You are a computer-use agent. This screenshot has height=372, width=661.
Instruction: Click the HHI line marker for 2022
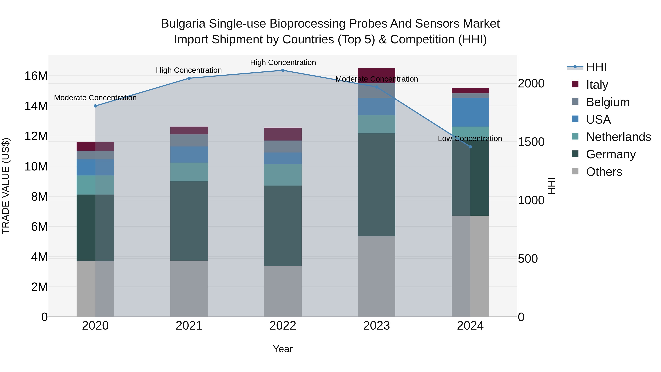pos(283,70)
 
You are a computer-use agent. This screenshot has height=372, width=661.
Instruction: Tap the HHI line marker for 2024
pos(470,147)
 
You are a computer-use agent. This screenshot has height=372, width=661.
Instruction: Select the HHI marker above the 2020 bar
pos(95,106)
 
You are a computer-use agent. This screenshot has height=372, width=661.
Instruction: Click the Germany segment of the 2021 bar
pos(189,221)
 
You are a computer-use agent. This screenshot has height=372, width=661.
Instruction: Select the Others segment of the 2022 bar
pos(283,291)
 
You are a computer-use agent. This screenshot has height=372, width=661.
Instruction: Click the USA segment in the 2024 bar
pos(470,112)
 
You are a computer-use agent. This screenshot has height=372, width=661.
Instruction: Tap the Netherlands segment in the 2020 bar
pos(95,185)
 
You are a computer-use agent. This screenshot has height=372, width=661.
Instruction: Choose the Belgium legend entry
pos(607,102)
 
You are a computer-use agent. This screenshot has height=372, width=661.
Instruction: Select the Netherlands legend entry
pos(618,137)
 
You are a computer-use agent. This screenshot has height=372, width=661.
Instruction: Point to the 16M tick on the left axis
pos(36,76)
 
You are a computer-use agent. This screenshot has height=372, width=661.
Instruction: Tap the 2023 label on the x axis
pos(376,326)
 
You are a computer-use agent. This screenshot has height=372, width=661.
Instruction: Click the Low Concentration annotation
pos(470,139)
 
